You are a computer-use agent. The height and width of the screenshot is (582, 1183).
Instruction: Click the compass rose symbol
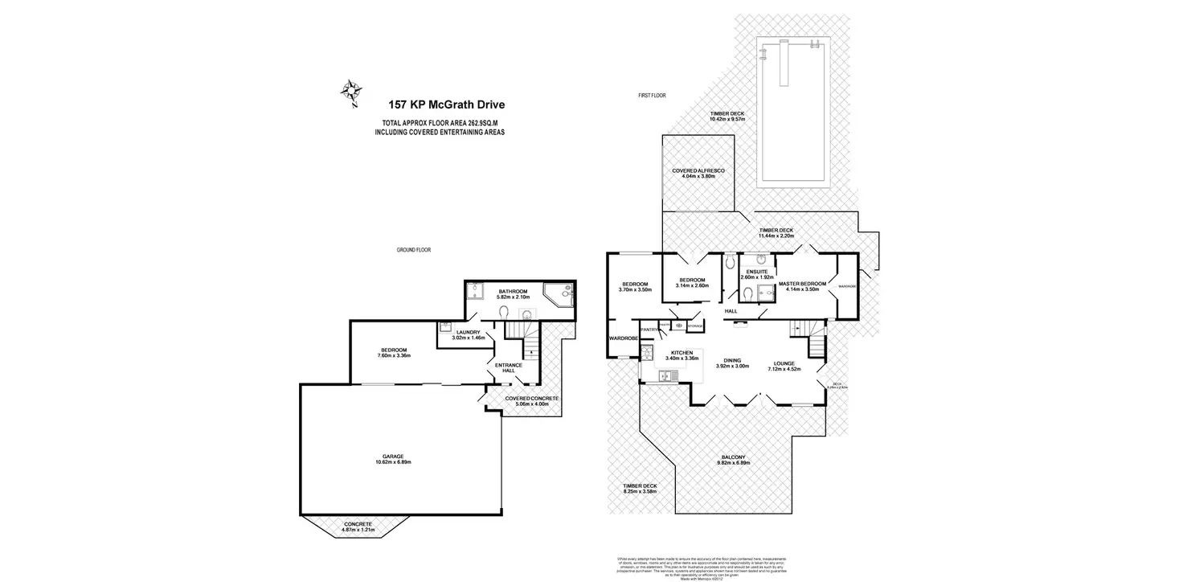pos(350,92)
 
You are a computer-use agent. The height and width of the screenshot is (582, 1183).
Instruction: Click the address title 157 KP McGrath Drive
pos(447,104)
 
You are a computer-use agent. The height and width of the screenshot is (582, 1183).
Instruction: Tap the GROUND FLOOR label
pos(413,250)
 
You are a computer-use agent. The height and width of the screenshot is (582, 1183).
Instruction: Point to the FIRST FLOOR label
pos(652,96)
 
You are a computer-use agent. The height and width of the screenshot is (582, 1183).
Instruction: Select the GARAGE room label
pos(399,457)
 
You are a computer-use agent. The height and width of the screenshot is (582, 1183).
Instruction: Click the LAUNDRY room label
pos(468,332)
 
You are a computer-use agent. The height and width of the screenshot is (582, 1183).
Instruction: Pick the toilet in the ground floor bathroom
pos(504,311)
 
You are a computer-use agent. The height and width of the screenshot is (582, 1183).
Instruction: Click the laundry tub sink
pos(444,328)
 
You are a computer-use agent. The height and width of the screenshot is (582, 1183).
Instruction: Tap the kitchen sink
pos(666,375)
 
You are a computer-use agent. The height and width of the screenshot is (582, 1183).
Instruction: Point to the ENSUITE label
pos(755,272)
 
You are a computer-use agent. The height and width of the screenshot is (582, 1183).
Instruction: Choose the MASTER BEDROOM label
pos(802,284)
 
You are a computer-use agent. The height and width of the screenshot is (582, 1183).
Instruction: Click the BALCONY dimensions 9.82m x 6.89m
pos(733,463)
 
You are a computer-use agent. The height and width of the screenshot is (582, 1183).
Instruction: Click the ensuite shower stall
pos(764,295)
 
